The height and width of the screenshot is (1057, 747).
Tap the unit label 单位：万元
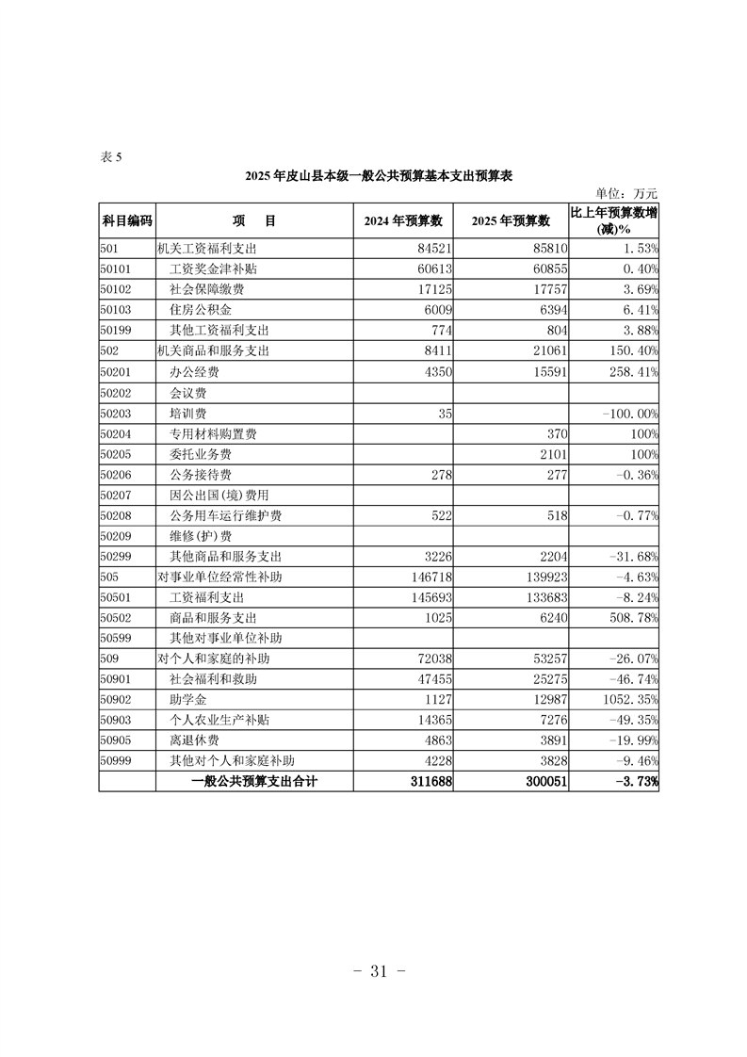click(x=627, y=193)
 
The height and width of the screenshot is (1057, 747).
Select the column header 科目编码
click(x=126, y=220)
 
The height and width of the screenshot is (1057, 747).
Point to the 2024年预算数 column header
click(x=403, y=220)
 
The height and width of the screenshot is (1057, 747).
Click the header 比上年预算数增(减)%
click(x=614, y=220)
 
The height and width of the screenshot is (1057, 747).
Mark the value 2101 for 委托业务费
click(x=550, y=455)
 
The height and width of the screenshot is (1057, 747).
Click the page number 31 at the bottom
click(x=374, y=971)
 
